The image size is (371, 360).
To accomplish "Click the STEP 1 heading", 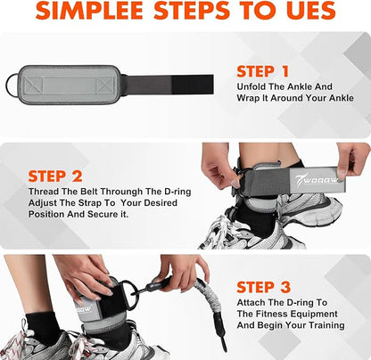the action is (263, 71).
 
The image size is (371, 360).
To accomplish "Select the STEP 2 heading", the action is (55, 176).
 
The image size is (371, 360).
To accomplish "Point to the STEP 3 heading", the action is (264, 287).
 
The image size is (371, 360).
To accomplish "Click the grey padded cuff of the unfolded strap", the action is (69, 85).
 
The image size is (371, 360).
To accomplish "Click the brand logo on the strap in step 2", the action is (317, 180).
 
